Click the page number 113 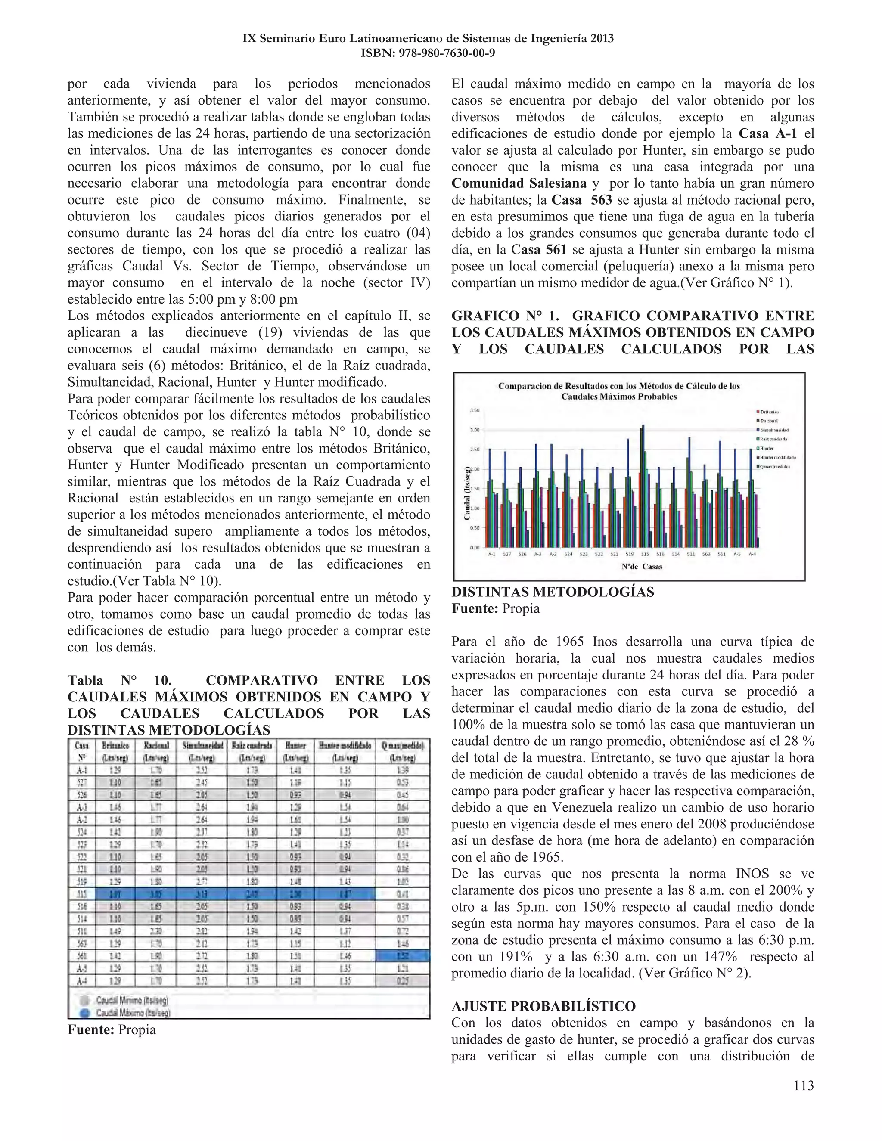[803, 1085]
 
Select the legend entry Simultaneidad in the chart [774, 430]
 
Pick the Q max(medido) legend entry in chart [774, 467]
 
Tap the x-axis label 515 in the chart [645, 554]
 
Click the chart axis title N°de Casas [642, 566]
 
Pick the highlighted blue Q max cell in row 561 [402, 955]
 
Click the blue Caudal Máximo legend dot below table [85, 1013]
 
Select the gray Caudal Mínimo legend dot [85, 1000]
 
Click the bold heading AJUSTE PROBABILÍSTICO [543, 1006]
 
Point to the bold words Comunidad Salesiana [519, 183]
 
